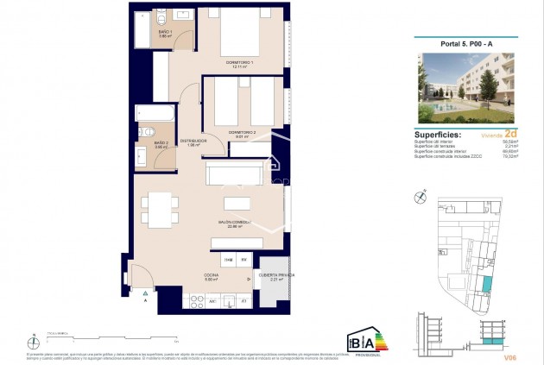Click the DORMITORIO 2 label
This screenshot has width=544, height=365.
coord(244,133)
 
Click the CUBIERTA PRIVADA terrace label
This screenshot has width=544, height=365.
coord(276,276)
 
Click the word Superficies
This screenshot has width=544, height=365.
coord(438,135)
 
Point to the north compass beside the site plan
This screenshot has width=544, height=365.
coord(419,198)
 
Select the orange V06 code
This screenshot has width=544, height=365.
coord(509,355)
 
